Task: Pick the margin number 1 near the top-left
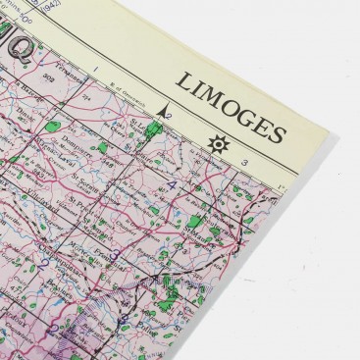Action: point(94,70)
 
